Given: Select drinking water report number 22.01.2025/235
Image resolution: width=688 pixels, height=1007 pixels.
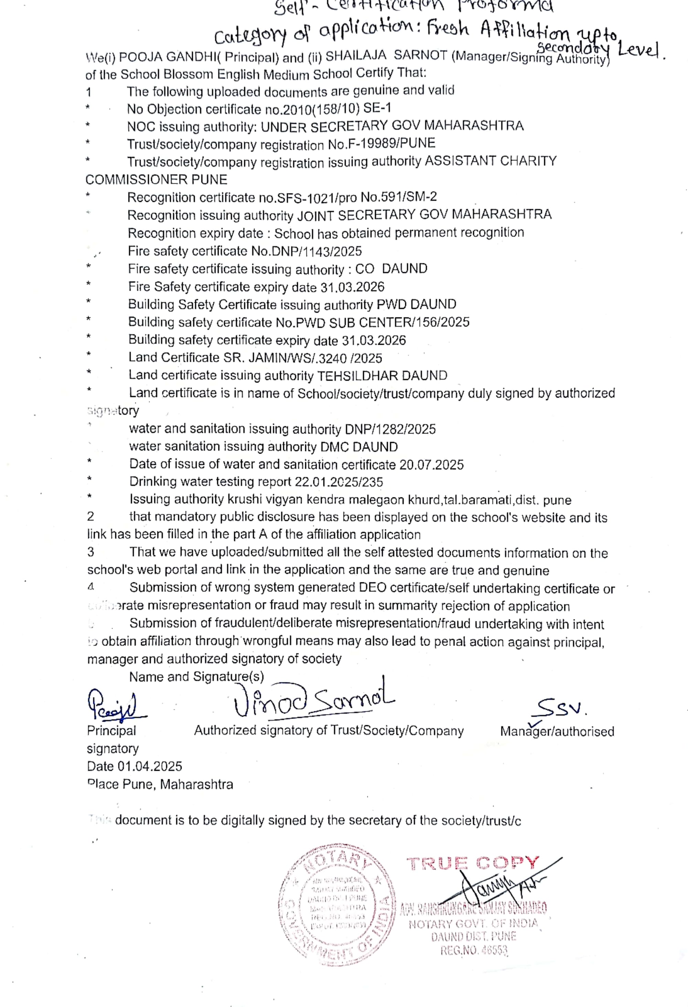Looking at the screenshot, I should tap(338, 482).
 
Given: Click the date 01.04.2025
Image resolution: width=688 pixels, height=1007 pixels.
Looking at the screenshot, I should tap(150, 766).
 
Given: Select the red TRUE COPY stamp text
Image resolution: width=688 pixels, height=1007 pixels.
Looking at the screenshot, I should tap(472, 863).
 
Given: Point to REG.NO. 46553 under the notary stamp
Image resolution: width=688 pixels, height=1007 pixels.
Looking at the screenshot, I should tap(474, 951).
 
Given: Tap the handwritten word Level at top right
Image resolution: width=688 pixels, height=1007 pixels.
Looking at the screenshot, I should tap(640, 50).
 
